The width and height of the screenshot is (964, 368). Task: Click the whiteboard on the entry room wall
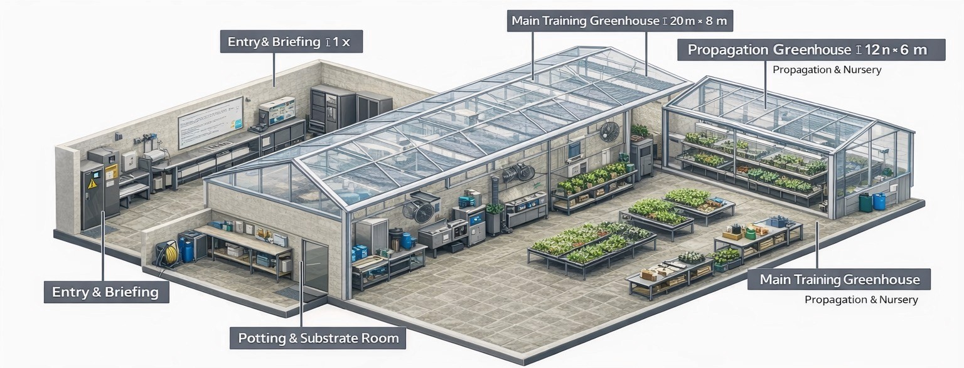(x=210, y=122)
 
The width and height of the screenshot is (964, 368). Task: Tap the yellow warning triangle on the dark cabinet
(x=92, y=184)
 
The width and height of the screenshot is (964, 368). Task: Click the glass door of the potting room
(x=314, y=266)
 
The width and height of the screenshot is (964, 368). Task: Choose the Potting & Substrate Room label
(x=318, y=339)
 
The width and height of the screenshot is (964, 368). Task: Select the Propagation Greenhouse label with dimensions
(x=810, y=50)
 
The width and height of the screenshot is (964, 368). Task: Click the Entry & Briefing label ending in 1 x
(x=291, y=43)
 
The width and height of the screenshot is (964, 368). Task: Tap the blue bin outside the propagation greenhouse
(x=879, y=201)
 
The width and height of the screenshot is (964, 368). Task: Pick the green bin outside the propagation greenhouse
(x=865, y=202)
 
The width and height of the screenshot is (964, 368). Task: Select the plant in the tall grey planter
(x=495, y=209)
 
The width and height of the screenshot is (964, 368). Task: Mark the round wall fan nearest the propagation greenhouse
(x=608, y=132)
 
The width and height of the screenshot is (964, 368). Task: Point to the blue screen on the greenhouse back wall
(x=574, y=149)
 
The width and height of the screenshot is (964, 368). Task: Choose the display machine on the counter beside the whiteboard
(x=277, y=110)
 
